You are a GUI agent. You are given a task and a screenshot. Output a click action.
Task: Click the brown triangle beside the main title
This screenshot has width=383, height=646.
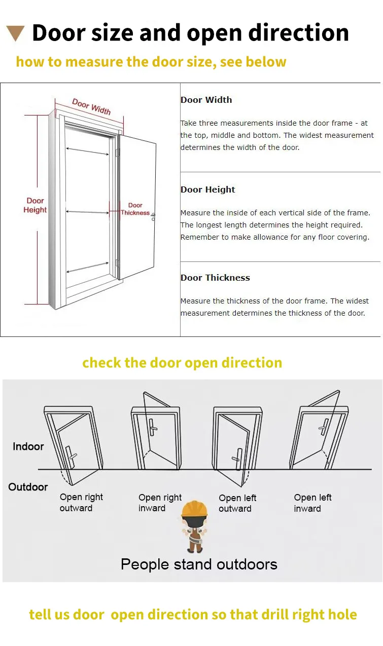[16, 33]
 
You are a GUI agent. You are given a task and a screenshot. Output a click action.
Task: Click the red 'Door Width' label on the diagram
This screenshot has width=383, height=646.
[91, 106]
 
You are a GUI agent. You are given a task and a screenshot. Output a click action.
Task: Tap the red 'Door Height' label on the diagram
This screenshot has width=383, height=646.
[35, 205]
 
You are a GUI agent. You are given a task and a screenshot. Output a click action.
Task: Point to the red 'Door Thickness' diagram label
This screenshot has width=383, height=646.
[135, 209]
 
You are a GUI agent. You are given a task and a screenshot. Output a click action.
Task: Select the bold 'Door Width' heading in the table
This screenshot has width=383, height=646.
[206, 100]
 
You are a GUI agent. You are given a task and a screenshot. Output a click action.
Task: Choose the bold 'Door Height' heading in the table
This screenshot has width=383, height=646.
[207, 189]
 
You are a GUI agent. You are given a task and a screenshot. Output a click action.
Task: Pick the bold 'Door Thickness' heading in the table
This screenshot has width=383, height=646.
[215, 278]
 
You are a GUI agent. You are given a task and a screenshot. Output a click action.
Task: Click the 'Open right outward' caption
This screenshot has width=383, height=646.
[81, 503]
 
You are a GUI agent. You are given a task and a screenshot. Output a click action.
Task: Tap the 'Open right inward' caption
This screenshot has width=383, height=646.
[160, 503]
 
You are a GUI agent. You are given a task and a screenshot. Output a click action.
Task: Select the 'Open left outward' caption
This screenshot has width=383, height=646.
[237, 503]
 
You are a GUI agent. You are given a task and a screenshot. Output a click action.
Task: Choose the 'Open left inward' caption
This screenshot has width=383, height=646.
[312, 503]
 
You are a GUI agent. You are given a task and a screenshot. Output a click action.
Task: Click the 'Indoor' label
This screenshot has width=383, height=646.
[28, 446]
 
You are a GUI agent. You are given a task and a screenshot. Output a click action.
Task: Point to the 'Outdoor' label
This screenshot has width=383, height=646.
[28, 487]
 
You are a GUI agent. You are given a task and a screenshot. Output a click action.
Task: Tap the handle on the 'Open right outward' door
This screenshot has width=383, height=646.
[72, 453]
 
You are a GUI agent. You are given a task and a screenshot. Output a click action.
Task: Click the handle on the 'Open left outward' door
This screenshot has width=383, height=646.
[236, 454]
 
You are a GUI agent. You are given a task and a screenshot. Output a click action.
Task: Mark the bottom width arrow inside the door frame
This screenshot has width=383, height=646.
[87, 267]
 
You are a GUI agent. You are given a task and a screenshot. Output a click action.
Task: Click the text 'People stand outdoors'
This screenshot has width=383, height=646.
[199, 564]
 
